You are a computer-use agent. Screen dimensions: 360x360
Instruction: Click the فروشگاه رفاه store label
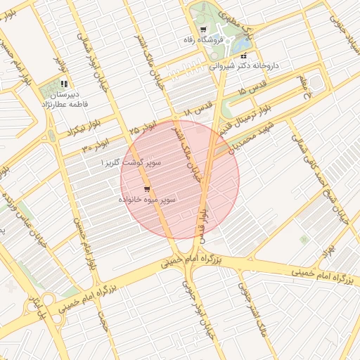[x=221, y=41]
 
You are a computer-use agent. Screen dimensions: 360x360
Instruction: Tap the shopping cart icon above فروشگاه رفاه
[x=203, y=30]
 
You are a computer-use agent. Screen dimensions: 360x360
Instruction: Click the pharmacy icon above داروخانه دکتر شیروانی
[x=243, y=56]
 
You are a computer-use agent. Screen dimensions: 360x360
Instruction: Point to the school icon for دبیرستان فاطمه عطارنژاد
[x=64, y=84]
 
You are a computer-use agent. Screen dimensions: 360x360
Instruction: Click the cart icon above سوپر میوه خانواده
[x=146, y=188]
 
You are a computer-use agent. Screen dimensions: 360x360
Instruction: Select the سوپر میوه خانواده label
[x=146, y=200]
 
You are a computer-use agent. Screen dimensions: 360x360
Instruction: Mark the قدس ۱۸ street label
[x=197, y=112]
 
